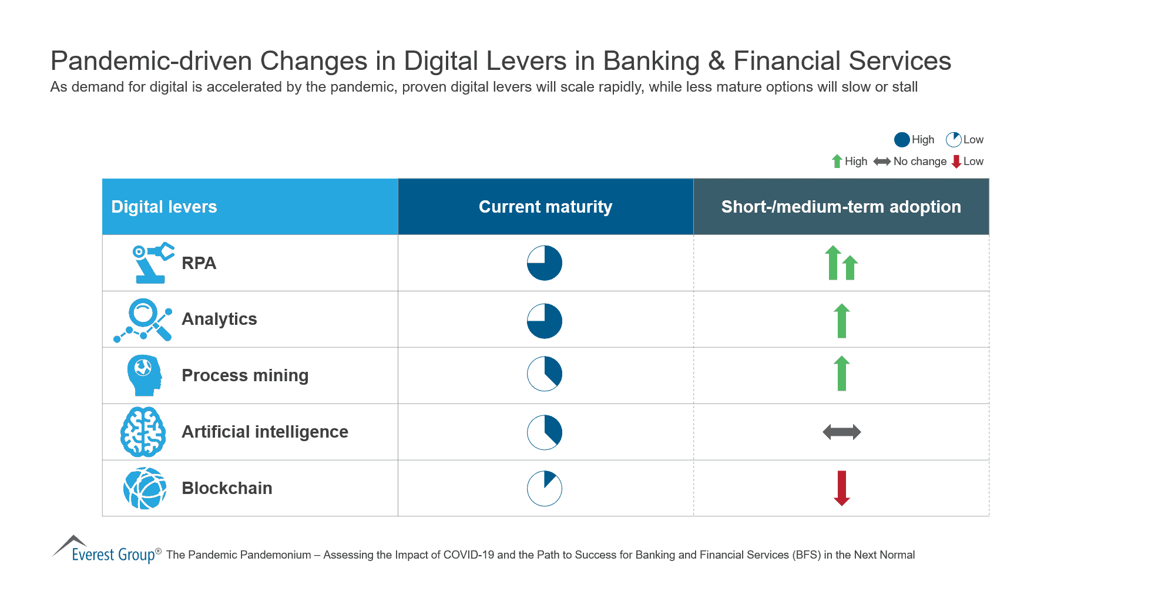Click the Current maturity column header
click(x=545, y=207)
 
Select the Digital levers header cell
click(x=164, y=207)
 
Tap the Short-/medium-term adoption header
click(x=841, y=207)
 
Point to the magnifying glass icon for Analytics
click(x=144, y=320)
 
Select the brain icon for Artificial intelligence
click(x=143, y=432)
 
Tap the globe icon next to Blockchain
click(x=145, y=488)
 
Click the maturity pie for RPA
click(x=545, y=263)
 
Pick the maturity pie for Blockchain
click(x=545, y=488)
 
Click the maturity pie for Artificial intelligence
click(x=545, y=432)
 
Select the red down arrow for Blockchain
click(x=842, y=488)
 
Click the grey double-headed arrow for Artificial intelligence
click(x=842, y=432)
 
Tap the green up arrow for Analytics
click(x=842, y=321)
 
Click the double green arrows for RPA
click(x=841, y=263)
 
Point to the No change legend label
click(x=919, y=162)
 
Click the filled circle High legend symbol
click(x=902, y=140)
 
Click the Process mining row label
click(x=245, y=375)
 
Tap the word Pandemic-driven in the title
click(x=151, y=61)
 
